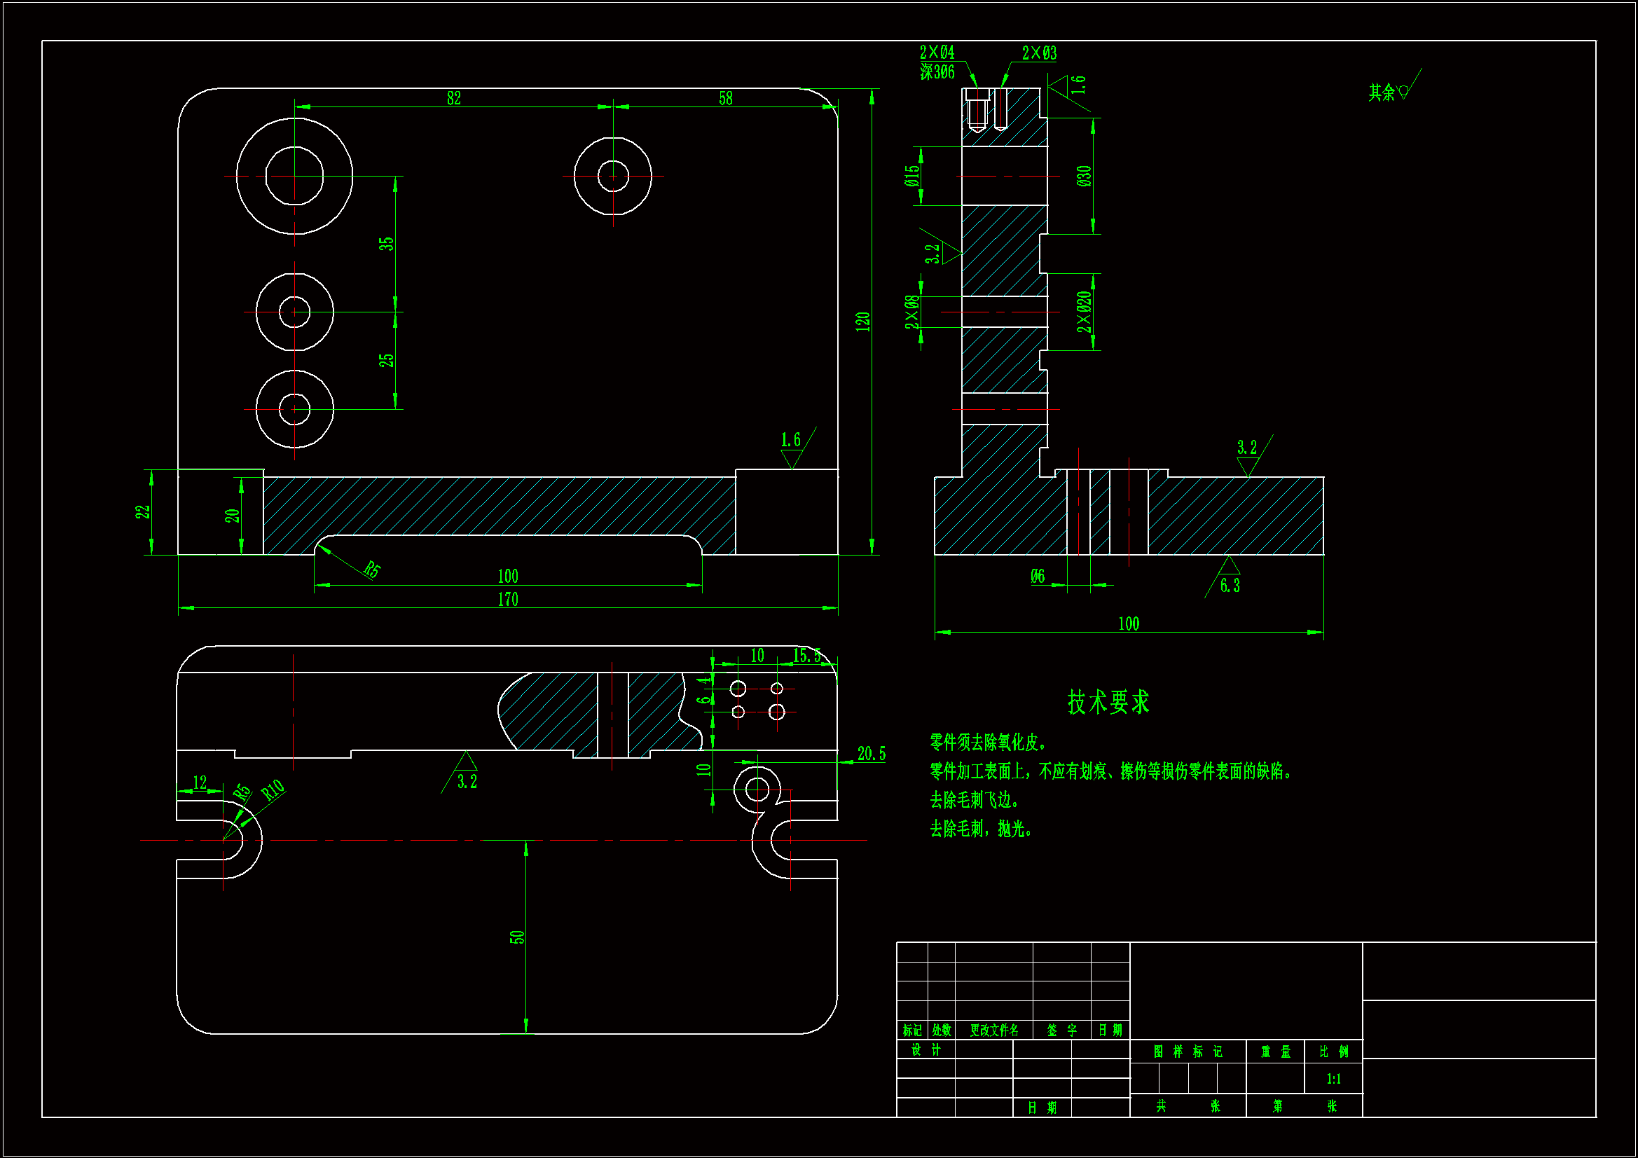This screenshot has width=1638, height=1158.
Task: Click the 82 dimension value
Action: [454, 99]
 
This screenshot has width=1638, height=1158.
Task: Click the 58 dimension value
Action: [726, 99]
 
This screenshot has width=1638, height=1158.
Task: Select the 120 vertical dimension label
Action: [862, 321]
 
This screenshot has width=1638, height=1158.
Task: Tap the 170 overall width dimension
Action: [508, 600]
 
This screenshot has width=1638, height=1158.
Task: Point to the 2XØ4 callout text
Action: [937, 52]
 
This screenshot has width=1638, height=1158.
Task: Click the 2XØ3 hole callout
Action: [1039, 53]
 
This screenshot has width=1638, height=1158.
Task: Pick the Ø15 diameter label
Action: [911, 176]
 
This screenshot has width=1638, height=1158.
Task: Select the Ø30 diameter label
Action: [1084, 176]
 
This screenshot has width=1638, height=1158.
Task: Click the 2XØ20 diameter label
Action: [1084, 312]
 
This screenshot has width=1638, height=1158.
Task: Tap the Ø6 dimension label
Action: [1038, 577]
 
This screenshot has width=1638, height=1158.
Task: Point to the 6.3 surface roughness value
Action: [1230, 586]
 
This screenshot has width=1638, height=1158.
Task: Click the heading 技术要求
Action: [1108, 702]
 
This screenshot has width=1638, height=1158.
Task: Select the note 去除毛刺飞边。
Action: [975, 800]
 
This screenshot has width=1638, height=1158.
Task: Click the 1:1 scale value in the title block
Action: [1333, 1079]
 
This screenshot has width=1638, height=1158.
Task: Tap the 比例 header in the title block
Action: [1333, 1052]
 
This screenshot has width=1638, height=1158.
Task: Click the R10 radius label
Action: [273, 790]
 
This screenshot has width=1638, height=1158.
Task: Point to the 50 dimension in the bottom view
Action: [517, 937]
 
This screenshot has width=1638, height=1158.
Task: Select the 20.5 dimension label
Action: [871, 754]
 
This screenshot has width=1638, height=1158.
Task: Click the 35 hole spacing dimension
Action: [386, 243]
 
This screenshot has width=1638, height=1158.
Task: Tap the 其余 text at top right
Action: [1381, 92]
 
